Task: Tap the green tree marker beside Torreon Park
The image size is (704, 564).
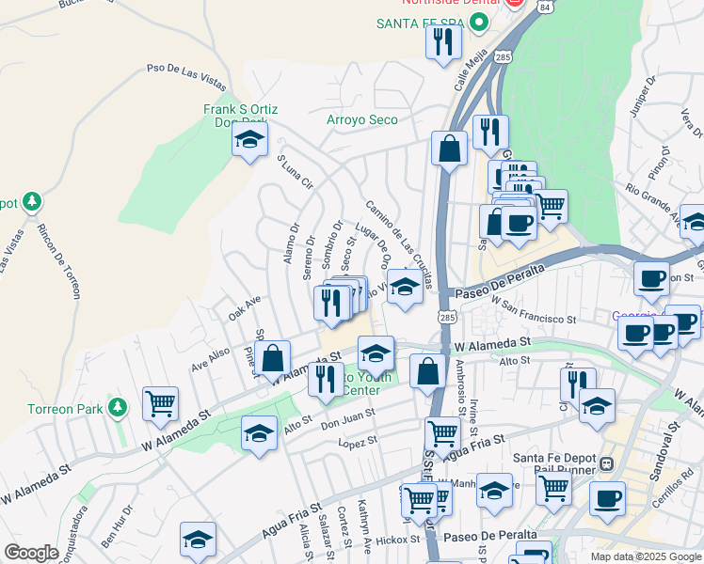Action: (x=117, y=408)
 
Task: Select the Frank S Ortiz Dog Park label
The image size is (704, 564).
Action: (x=240, y=116)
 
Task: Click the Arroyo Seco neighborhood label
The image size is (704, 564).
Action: (x=361, y=119)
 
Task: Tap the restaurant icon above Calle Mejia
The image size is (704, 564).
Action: (x=441, y=42)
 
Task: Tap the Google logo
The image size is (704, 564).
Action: (x=31, y=553)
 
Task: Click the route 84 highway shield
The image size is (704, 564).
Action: (x=546, y=6)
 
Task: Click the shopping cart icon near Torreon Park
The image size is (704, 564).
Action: (x=160, y=404)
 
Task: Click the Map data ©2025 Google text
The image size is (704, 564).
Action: (x=646, y=556)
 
